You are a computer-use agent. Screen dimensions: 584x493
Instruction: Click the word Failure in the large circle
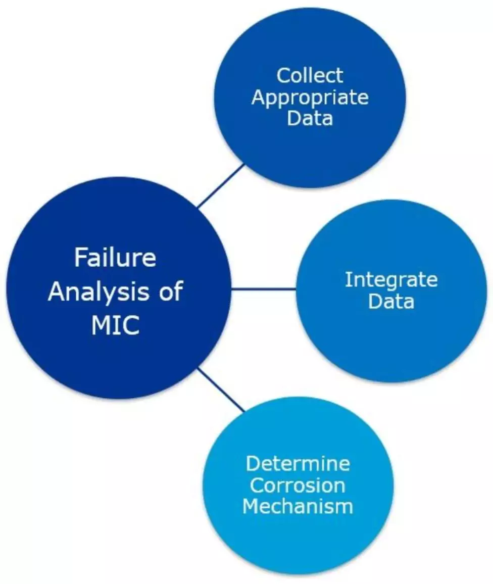[115, 258]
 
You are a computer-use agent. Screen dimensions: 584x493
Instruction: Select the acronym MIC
[115, 326]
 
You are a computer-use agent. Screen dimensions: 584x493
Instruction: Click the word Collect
[310, 76]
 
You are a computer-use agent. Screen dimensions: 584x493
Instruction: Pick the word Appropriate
[310, 98]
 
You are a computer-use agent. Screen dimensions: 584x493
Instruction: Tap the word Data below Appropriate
[310, 118]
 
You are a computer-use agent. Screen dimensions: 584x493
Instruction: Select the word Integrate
[391, 280]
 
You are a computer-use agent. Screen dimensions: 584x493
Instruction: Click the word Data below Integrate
[391, 302]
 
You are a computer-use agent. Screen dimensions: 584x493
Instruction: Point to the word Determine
[298, 463]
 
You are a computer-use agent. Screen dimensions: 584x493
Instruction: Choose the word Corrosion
[298, 485]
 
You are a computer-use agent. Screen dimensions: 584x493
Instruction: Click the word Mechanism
[298, 506]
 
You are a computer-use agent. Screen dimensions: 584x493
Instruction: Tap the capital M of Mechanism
[251, 506]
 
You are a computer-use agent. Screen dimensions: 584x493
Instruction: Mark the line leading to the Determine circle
[221, 390]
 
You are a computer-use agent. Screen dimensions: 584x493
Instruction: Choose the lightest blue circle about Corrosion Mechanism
[298, 541]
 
